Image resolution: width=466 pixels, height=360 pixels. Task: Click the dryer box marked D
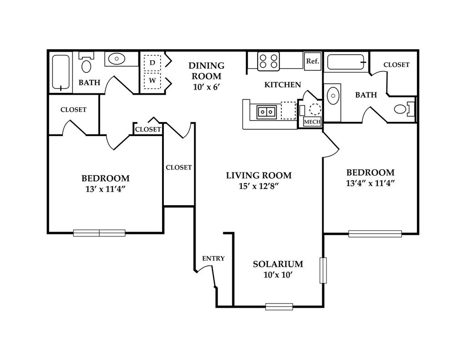click(x=152, y=63)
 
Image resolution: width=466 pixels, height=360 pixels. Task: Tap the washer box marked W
click(x=152, y=80)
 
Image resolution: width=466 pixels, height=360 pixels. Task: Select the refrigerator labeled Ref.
click(x=313, y=61)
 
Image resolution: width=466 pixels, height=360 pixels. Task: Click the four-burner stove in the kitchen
click(x=268, y=61)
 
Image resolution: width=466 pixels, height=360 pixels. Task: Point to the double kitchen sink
click(x=267, y=112)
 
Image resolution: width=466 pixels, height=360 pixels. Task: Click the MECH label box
click(x=312, y=122)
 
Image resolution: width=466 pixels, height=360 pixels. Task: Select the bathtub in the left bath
click(x=61, y=72)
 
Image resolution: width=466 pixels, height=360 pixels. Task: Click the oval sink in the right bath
click(x=333, y=96)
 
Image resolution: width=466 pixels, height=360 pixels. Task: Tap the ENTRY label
click(x=213, y=259)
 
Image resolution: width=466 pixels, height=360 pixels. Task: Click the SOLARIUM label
click(x=278, y=264)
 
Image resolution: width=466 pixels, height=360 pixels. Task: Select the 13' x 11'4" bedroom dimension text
click(x=105, y=189)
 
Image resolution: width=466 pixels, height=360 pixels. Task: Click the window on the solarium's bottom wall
click(x=279, y=306)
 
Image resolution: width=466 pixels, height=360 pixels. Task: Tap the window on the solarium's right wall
click(x=323, y=270)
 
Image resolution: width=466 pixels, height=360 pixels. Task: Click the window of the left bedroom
click(x=99, y=233)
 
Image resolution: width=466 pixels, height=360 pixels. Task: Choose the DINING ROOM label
click(x=207, y=71)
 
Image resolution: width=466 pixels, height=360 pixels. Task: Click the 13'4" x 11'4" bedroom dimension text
click(x=370, y=183)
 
